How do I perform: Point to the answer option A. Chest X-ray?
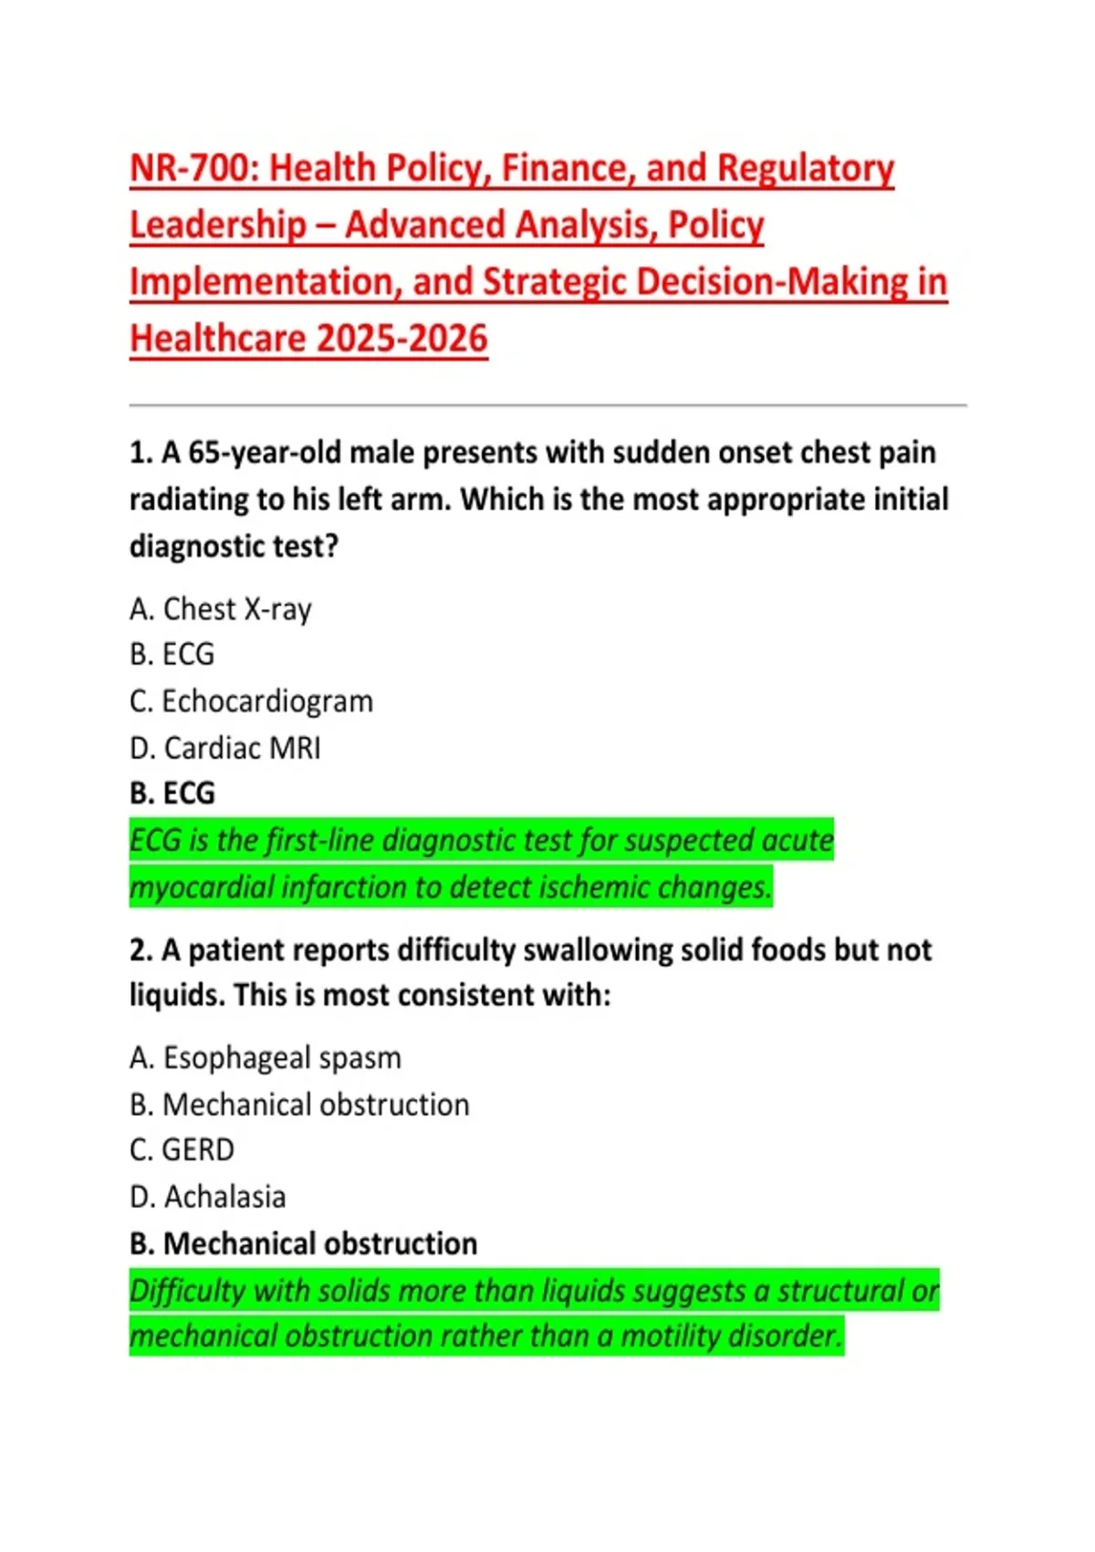point(221,609)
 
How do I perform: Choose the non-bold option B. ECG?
point(172,655)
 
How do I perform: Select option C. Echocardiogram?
point(251,701)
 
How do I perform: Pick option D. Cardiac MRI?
point(224,749)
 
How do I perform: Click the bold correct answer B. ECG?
point(172,793)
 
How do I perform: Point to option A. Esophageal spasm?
point(265,1058)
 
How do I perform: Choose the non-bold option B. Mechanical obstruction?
point(299,1105)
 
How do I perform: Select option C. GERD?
point(182,1150)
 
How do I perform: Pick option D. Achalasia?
point(207,1197)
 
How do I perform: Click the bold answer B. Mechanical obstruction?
point(303,1243)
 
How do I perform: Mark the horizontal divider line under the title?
point(547,404)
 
